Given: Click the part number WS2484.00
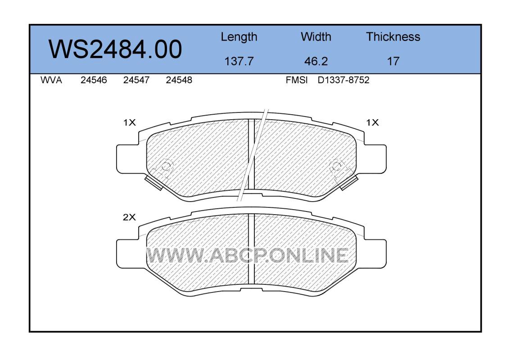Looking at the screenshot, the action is pos(115,49).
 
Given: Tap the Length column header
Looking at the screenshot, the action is pos(239,37).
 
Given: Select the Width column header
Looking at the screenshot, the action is pos(316,36).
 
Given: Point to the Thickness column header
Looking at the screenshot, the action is pos(393,36).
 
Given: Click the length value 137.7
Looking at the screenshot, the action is pos(239,61).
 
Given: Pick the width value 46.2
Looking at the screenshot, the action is pos(316,61).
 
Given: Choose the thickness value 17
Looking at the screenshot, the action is pos(393,61).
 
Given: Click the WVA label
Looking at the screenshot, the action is pos(51,80).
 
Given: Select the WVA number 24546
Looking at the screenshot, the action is pos(94,80).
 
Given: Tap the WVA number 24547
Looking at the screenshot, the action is pos(136,80).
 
